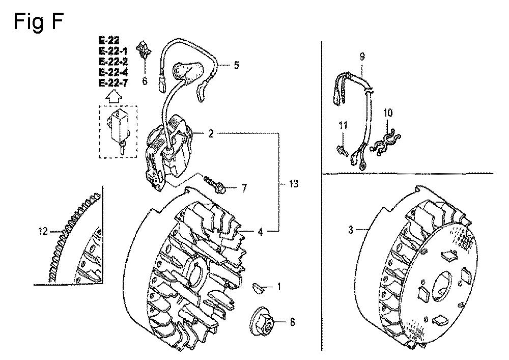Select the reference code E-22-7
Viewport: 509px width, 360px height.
114,83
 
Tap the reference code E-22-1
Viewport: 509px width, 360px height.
114,51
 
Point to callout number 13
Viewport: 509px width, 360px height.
294,184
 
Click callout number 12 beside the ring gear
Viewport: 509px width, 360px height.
43,232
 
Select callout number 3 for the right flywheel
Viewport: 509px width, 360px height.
351,230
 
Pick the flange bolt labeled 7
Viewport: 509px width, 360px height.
215,184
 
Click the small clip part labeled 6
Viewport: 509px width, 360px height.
144,48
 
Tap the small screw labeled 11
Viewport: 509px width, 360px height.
342,150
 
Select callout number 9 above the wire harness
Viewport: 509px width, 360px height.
362,57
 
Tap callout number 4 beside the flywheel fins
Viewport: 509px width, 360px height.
260,232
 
